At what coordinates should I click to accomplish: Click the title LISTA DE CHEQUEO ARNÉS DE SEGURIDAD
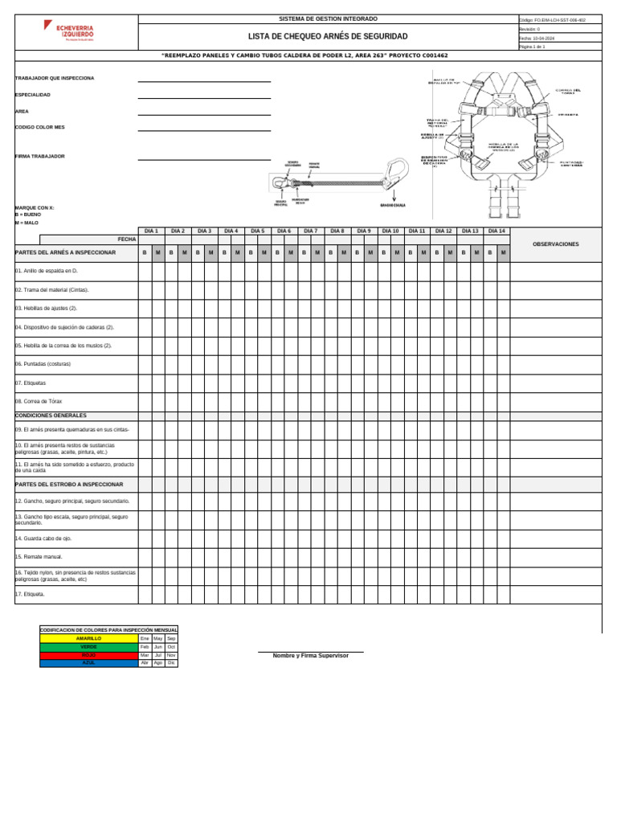(327, 37)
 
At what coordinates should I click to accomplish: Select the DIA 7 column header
(311, 231)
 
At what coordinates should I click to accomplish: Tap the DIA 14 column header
(496, 231)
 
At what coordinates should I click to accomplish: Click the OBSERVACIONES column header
(555, 244)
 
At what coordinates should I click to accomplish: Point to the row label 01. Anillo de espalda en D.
(46, 272)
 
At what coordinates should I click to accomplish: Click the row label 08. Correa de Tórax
(39, 401)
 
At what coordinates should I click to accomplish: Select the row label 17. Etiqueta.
(30, 595)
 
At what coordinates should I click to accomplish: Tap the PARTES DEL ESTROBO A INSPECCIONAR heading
(69, 485)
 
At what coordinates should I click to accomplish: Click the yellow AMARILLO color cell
(89, 638)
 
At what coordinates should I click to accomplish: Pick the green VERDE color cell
(89, 646)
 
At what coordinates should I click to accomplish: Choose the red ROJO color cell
(89, 655)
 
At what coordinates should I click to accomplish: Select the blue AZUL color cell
(89, 663)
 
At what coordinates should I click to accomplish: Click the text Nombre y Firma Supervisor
(311, 656)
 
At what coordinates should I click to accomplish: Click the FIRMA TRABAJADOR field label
(40, 156)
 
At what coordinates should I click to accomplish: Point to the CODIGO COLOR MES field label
(40, 127)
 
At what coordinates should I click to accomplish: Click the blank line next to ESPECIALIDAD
(204, 96)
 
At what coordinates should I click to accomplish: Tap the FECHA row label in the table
(127, 240)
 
